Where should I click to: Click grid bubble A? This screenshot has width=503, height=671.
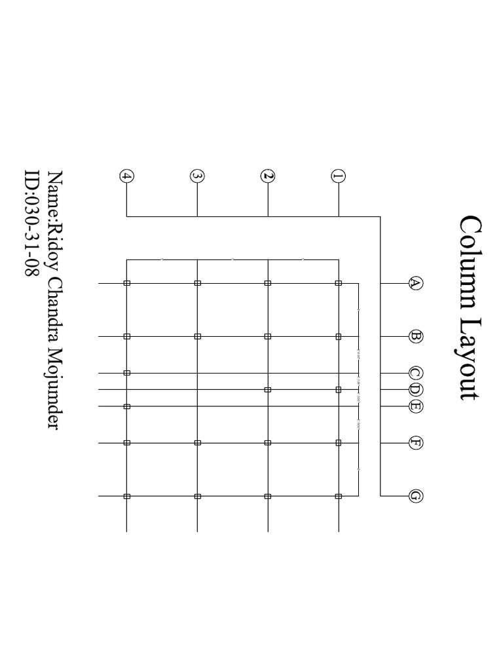pyautogui.click(x=415, y=283)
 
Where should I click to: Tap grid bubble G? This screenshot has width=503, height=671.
pyautogui.click(x=415, y=496)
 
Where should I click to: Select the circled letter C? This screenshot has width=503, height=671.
pyautogui.click(x=415, y=373)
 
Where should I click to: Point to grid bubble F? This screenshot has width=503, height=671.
pyautogui.click(x=415, y=443)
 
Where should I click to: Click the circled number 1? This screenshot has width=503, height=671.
pyautogui.click(x=339, y=176)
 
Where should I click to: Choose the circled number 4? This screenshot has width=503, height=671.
pyautogui.click(x=126, y=176)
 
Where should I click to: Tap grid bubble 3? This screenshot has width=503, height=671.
pyautogui.click(x=197, y=176)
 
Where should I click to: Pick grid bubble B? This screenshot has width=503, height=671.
pyautogui.click(x=415, y=336)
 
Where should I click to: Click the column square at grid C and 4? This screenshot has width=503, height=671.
pyautogui.click(x=127, y=373)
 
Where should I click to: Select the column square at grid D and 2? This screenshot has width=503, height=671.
pyautogui.click(x=267, y=390)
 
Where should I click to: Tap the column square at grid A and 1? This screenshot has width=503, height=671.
pyautogui.click(x=339, y=283)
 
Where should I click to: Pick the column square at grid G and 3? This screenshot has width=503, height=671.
pyautogui.click(x=197, y=496)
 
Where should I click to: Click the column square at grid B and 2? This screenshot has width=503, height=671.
pyautogui.click(x=267, y=336)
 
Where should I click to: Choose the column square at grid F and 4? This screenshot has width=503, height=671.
pyautogui.click(x=127, y=443)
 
